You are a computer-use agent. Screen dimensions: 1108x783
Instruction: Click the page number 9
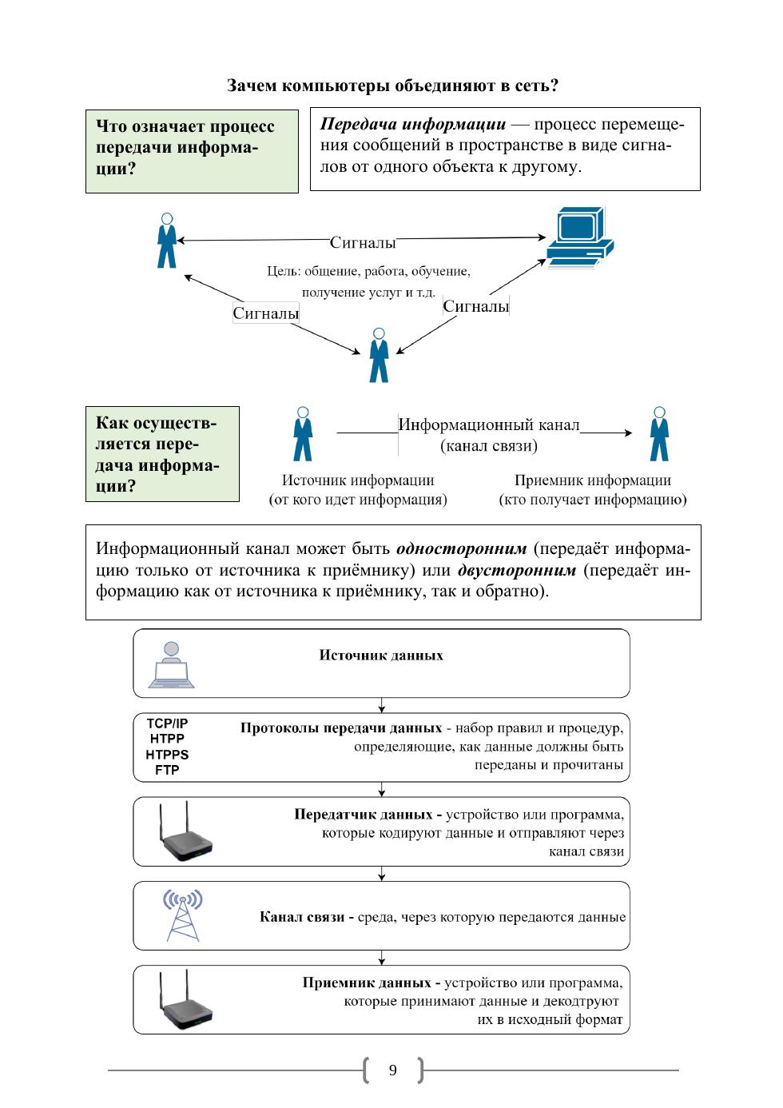click(x=392, y=1070)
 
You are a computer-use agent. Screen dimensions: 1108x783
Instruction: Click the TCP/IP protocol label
click(x=167, y=723)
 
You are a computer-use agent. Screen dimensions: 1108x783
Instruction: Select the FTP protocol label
click(x=167, y=770)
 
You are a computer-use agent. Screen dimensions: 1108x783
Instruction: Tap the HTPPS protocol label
click(x=167, y=754)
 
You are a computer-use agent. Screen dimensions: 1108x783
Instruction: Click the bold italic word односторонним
click(x=461, y=549)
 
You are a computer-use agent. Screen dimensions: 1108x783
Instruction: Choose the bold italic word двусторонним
click(x=516, y=570)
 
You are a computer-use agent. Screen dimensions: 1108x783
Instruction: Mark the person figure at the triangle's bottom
click(x=379, y=355)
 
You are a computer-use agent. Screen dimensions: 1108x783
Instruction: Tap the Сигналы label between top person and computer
click(x=363, y=242)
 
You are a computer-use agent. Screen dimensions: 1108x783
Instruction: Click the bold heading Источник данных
click(x=381, y=656)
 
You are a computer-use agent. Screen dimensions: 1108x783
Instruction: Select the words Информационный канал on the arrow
click(x=489, y=424)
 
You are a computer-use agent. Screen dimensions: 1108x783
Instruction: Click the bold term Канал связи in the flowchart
click(x=303, y=917)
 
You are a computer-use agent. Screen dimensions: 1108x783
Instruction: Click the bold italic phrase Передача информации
click(x=413, y=125)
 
